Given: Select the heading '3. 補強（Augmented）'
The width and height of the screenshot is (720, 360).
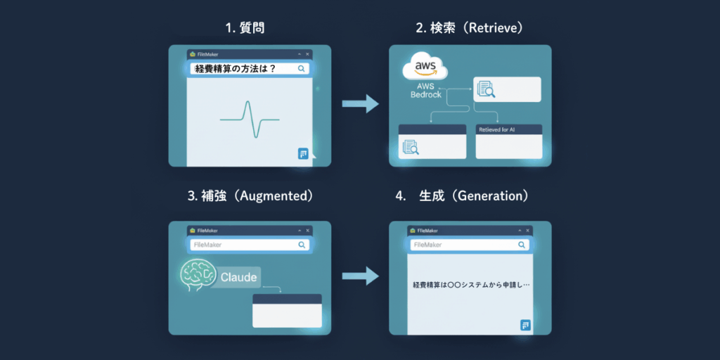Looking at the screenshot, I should tap(250, 196).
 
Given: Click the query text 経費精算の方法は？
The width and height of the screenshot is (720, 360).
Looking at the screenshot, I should tap(236, 69).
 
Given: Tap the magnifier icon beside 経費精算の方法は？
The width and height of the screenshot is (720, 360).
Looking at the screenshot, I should tap(301, 69).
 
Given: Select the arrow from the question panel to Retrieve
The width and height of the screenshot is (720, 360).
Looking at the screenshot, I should tap(359, 105).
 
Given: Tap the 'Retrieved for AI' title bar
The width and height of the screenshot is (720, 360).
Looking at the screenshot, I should tap(508, 130).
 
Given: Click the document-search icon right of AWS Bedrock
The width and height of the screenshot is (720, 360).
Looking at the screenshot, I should tap(486, 89).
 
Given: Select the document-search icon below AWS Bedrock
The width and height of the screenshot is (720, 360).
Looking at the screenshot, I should tap(411, 147).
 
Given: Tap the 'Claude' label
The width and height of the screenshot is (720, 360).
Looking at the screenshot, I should tap(239, 276).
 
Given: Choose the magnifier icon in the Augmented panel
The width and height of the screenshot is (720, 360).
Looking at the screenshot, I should tap(302, 245).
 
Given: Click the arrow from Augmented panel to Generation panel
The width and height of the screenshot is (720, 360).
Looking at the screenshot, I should tap(359, 276).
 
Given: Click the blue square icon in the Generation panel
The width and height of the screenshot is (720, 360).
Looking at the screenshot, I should tap(525, 324).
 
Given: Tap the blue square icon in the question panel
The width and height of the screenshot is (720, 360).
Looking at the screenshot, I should tap(303, 154).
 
